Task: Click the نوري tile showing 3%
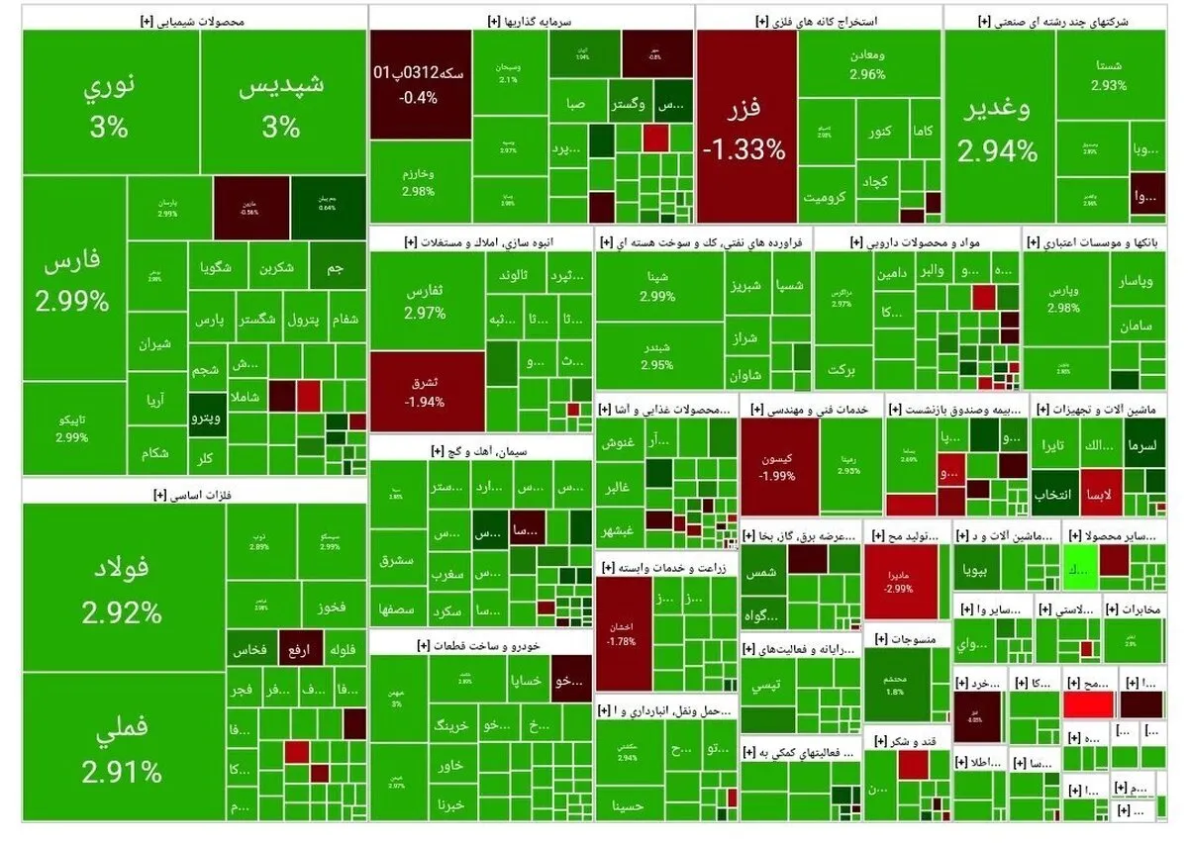click(x=108, y=104)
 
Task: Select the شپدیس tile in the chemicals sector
click(x=281, y=104)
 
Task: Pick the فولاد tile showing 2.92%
click(x=122, y=591)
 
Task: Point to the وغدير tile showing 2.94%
click(x=998, y=129)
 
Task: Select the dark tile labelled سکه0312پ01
click(x=420, y=84)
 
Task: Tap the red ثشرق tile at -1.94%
click(x=426, y=392)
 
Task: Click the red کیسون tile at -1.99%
click(x=778, y=467)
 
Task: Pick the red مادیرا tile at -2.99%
click(x=899, y=581)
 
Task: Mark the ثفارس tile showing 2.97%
click(x=426, y=302)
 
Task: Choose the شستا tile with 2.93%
click(x=1109, y=74)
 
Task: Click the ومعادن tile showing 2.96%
click(x=867, y=64)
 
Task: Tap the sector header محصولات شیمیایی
click(x=195, y=19)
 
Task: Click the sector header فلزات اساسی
click(x=195, y=492)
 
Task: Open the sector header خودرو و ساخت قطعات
click(x=480, y=645)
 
